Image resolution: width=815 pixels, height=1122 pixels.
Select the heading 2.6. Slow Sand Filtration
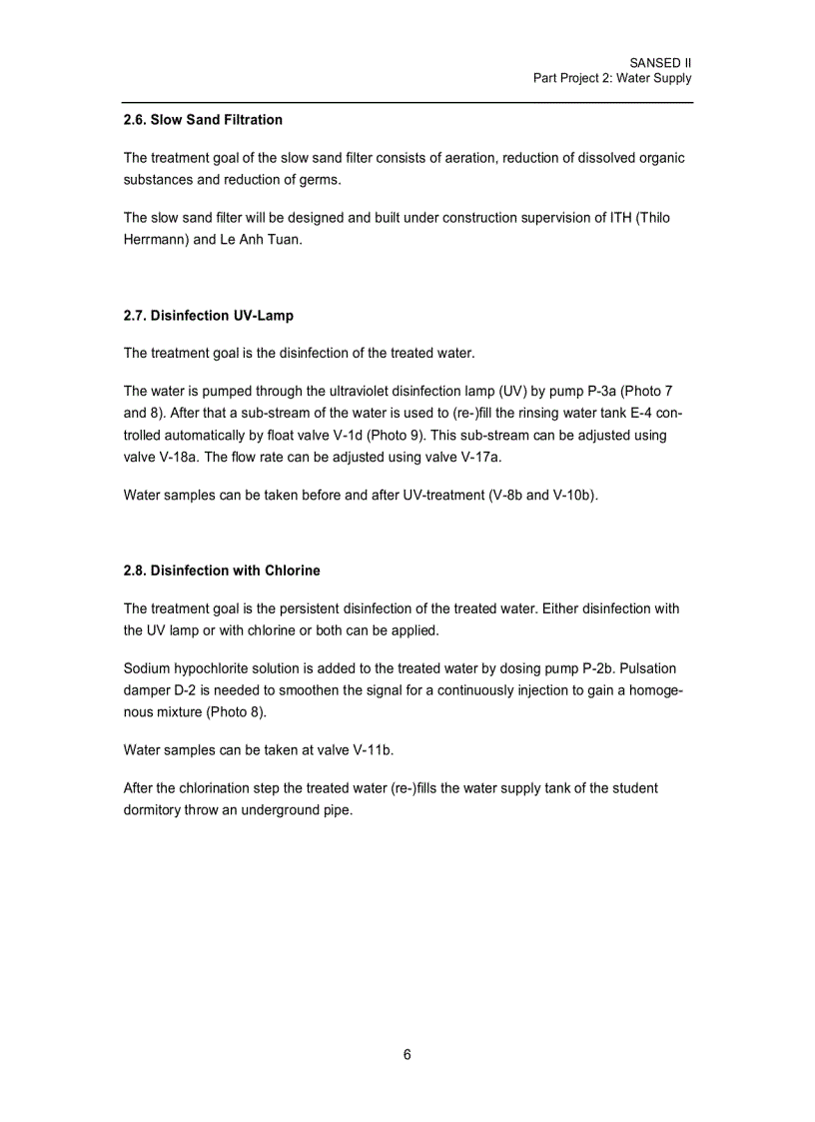pos(203,120)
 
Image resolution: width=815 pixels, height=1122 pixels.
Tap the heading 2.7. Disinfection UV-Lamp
pos(209,316)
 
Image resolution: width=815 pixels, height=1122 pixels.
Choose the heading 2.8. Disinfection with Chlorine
pos(222,570)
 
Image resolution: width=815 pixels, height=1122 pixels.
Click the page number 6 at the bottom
pos(407,1055)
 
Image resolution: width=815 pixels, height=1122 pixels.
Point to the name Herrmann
pos(155,241)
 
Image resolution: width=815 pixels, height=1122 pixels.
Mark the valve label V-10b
pos(573,495)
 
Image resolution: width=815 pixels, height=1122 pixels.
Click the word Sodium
pos(150,668)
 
